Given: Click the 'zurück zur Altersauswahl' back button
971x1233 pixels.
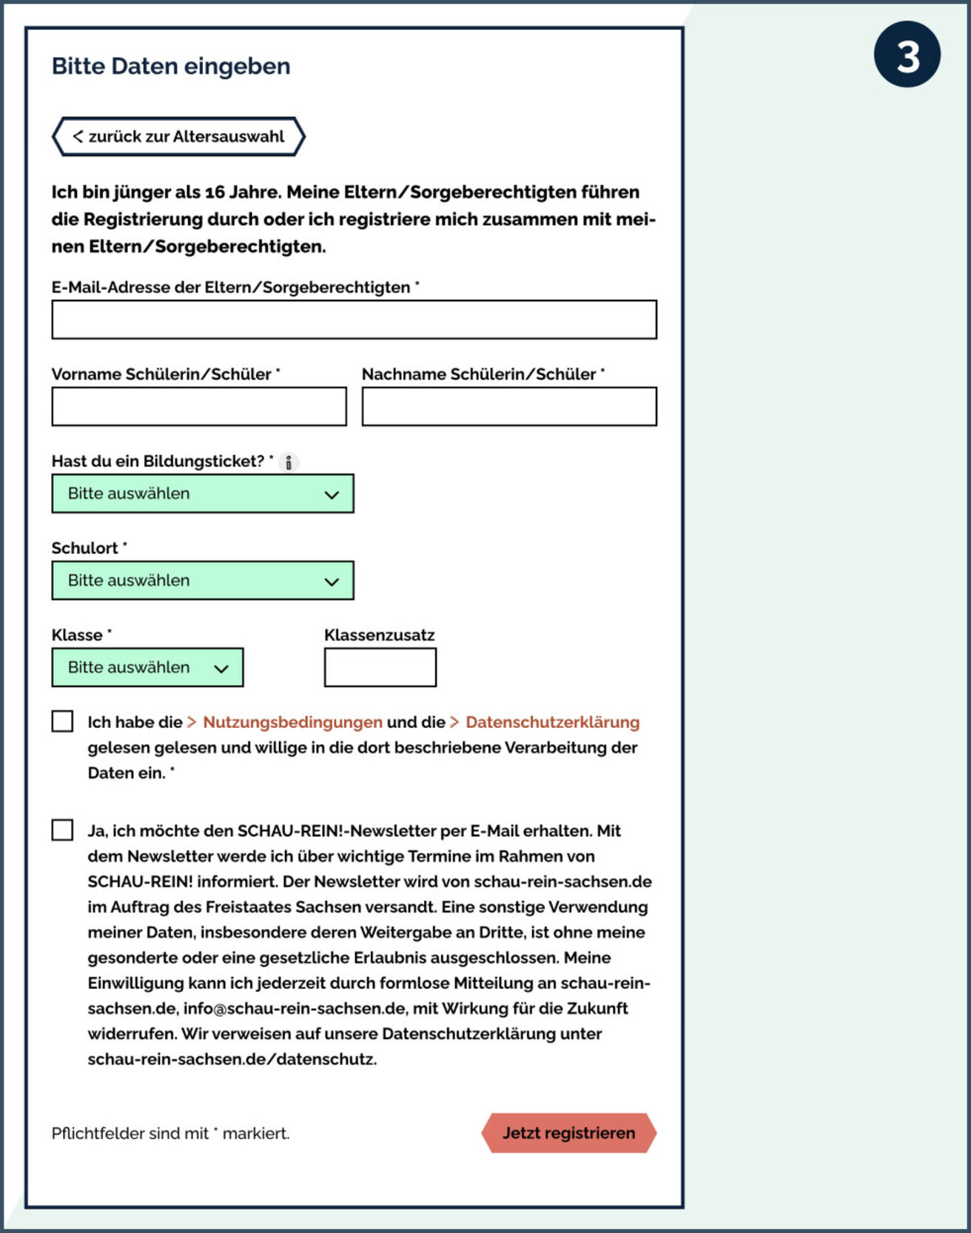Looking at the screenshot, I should pyautogui.click(x=178, y=137).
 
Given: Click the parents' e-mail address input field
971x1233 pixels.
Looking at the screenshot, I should pyautogui.click(x=354, y=320).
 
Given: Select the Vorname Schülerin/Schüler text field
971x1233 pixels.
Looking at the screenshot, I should pyautogui.click(x=199, y=407).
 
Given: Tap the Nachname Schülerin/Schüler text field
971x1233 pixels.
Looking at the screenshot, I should pyautogui.click(x=509, y=407).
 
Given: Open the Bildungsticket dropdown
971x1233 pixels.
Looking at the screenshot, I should pyautogui.click(x=202, y=493).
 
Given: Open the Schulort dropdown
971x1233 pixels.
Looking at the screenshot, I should pyautogui.click(x=202, y=581).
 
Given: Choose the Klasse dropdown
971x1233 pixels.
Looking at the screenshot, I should pyautogui.click(x=147, y=667).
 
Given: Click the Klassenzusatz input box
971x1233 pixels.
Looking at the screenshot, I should pyautogui.click(x=380, y=667).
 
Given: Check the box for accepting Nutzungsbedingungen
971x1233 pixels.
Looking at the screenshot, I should pyautogui.click(x=63, y=721).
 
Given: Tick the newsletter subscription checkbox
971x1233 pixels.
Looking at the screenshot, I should pyautogui.click(x=63, y=830).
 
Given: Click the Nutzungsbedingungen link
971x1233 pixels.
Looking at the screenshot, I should pyautogui.click(x=292, y=722).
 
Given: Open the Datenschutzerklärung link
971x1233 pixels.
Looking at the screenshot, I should pyautogui.click(x=552, y=722).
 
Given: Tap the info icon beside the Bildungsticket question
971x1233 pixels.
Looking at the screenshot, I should pyautogui.click(x=289, y=462).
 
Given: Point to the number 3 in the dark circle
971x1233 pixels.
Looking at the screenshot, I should pyautogui.click(x=907, y=55).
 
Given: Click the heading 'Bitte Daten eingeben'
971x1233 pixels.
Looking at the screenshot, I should pyautogui.click(x=171, y=67).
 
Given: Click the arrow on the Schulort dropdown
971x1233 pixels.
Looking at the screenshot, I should pyautogui.click(x=332, y=581).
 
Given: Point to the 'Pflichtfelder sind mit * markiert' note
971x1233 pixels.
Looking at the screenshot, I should pyautogui.click(x=170, y=1133).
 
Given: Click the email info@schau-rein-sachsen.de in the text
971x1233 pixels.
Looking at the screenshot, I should pyautogui.click(x=295, y=1009).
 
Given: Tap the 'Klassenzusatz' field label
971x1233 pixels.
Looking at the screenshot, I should pyautogui.click(x=380, y=635).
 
